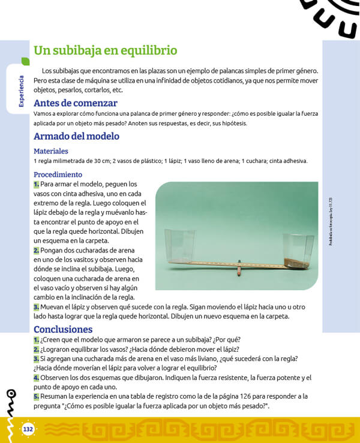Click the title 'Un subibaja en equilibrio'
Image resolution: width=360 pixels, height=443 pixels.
[x=105, y=50]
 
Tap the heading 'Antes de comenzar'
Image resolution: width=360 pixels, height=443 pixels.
[x=75, y=103]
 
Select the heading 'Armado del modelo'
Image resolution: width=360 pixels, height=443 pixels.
[x=76, y=136]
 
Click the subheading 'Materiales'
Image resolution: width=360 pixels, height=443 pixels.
[x=51, y=151]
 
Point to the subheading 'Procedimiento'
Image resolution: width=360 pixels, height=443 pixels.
[x=58, y=174]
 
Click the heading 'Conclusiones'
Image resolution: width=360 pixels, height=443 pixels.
[x=63, y=329]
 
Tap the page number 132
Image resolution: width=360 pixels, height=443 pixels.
[x=28, y=429]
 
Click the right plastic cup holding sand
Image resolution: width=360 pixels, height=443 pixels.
[x=298, y=251]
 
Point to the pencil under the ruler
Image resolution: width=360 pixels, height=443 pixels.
[x=238, y=267]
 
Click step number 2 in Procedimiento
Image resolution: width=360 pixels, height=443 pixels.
[x=36, y=250]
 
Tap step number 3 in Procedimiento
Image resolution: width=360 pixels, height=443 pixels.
[x=36, y=307]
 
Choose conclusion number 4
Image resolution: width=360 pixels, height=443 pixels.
[x=36, y=378]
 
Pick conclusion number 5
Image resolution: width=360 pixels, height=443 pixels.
[x=36, y=396]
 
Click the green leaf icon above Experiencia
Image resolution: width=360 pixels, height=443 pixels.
[x=25, y=61]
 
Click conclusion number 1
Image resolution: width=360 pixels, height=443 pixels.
[x=36, y=340]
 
